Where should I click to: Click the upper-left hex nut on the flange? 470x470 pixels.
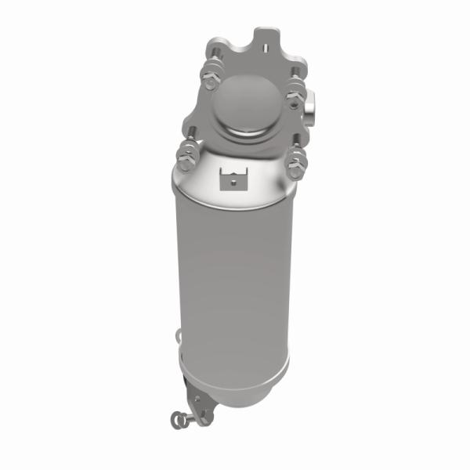pos(211,80)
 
